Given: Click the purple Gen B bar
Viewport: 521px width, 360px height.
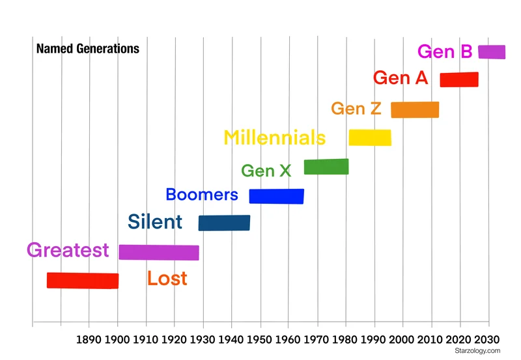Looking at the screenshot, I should pyautogui.click(x=492, y=52).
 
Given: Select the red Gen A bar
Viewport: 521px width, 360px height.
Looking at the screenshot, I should pyautogui.click(x=459, y=79).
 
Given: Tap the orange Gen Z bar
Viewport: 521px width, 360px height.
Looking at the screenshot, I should pyautogui.click(x=415, y=109).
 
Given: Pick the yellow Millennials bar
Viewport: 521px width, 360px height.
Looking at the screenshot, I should pyautogui.click(x=370, y=137).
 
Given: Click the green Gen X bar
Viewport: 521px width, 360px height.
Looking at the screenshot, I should pyautogui.click(x=326, y=167).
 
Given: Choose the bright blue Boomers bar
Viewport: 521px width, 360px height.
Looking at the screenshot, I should pyautogui.click(x=277, y=196).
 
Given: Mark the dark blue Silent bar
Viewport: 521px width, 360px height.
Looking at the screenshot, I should pyautogui.click(x=224, y=223).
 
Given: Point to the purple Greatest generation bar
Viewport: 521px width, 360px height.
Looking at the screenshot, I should pyautogui.click(x=159, y=253).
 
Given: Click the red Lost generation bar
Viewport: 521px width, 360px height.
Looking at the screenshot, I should pyautogui.click(x=83, y=281).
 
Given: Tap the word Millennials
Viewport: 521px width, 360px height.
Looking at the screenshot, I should pyautogui.click(x=274, y=138).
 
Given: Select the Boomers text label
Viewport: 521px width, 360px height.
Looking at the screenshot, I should pyautogui.click(x=202, y=195).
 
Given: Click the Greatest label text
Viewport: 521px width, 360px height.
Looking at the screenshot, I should pyautogui.click(x=68, y=251).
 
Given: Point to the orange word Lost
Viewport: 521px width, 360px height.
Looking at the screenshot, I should pyautogui.click(x=167, y=279).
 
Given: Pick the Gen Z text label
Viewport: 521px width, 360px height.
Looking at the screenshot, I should pyautogui.click(x=356, y=109).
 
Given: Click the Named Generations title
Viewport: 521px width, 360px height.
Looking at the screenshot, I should pyautogui.click(x=87, y=49).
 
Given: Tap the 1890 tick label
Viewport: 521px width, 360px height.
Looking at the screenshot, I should pyautogui.click(x=89, y=339).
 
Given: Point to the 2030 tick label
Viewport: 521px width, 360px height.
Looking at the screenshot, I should pyautogui.click(x=488, y=339).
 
